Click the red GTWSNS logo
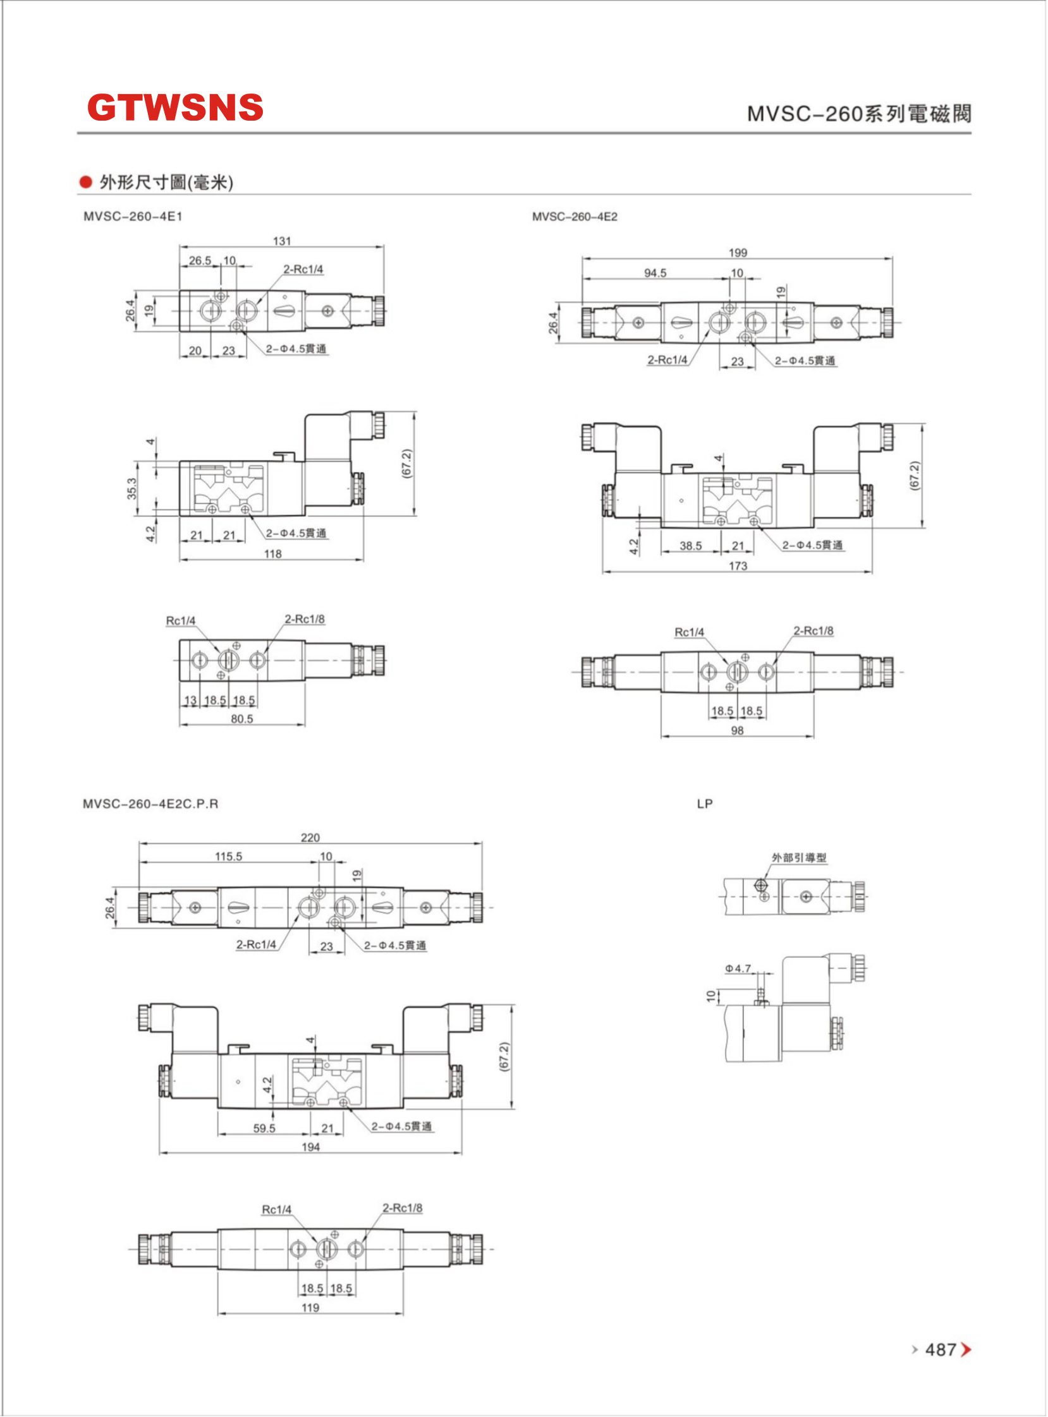click(x=175, y=107)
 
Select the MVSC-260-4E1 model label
click(x=133, y=217)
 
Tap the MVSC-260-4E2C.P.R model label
click(x=150, y=804)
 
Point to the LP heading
click(x=704, y=804)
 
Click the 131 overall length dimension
click(x=282, y=241)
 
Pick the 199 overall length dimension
click(x=737, y=253)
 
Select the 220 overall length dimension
click(x=310, y=838)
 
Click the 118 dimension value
click(x=273, y=554)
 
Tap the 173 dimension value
click(x=737, y=565)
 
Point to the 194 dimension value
click(x=310, y=1147)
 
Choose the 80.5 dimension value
click(x=241, y=719)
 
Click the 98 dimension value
click(x=736, y=730)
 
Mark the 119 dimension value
click(x=310, y=1307)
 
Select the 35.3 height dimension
click(x=132, y=489)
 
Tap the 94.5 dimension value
click(x=655, y=274)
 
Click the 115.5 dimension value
click(x=228, y=857)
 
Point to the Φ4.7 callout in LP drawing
click(x=738, y=968)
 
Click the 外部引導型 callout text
click(x=799, y=858)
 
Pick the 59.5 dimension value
click(x=264, y=1128)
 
